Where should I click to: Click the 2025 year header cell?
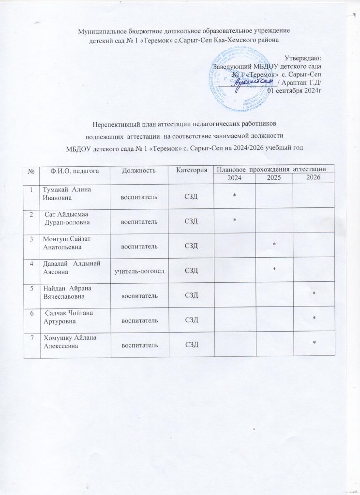click(x=274, y=179)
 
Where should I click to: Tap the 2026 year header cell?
click(x=314, y=179)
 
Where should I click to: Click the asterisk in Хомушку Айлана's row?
click(x=315, y=343)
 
